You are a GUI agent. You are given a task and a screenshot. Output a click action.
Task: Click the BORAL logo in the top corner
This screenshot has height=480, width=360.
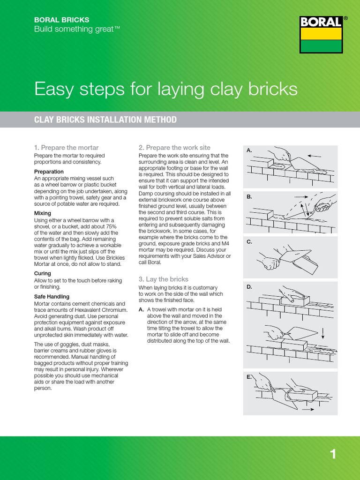pyautogui.click(x=321, y=35)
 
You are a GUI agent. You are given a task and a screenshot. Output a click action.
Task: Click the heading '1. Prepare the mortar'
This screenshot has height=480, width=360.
pyautogui.click(x=67, y=148)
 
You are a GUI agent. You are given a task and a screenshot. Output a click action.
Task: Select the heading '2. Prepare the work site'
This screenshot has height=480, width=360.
pyautogui.click(x=174, y=148)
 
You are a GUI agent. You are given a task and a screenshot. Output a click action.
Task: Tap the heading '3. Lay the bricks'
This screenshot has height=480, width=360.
pyautogui.click(x=163, y=279)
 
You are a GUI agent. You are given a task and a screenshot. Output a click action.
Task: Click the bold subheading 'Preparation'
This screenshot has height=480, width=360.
pyautogui.click(x=49, y=172)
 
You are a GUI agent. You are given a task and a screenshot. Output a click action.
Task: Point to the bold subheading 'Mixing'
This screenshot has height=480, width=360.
pyautogui.click(x=43, y=213)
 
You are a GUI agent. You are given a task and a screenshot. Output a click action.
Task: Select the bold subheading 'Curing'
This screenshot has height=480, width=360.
pyautogui.click(x=43, y=273)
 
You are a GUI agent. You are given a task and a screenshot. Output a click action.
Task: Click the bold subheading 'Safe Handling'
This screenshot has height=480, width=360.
pyautogui.click(x=52, y=296)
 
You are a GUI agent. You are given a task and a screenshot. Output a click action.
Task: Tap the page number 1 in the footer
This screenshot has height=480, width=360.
pyautogui.click(x=333, y=454)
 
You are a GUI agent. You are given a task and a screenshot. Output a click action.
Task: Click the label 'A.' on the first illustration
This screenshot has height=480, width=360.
pyautogui.click(x=250, y=151)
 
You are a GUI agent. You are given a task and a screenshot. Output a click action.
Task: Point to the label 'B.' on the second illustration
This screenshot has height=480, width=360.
pyautogui.click(x=250, y=197)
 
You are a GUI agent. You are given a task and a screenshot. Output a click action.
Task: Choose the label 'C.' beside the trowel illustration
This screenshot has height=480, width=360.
pyautogui.click(x=250, y=242)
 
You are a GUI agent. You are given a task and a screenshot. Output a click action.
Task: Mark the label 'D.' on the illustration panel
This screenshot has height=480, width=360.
pyautogui.click(x=250, y=286)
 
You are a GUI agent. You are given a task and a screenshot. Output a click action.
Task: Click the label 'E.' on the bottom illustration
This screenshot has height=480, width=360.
pyautogui.click(x=250, y=377)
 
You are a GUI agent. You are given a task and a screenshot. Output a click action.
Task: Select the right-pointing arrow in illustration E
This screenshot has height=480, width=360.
pyautogui.click(x=308, y=409)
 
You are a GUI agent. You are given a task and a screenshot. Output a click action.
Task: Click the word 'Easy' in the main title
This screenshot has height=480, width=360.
pyautogui.click(x=54, y=89)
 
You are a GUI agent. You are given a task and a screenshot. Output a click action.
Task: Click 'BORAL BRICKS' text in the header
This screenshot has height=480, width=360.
pyautogui.click(x=62, y=20)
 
